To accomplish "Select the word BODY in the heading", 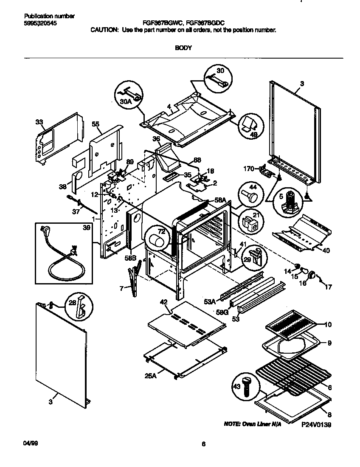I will click(183, 48).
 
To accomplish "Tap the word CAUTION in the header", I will click(103, 31).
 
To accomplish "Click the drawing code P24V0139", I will click(316, 424).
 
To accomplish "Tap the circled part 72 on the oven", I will click(157, 240).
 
